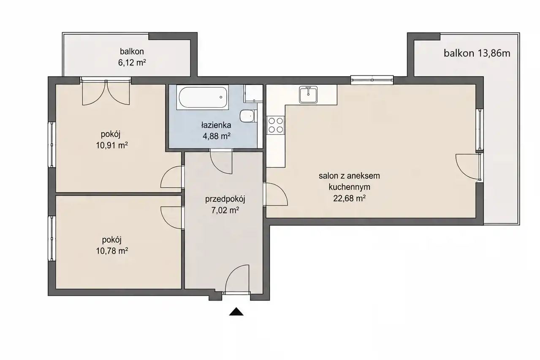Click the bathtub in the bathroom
(x=203, y=97)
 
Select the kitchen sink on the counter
(x=308, y=95)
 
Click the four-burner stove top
(x=276, y=125)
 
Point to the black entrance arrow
(x=236, y=311)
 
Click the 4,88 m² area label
(x=217, y=136)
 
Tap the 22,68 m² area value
(x=349, y=198)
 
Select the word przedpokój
(x=225, y=200)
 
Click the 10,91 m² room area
(x=112, y=145)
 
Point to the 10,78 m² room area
(x=112, y=251)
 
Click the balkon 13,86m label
(x=477, y=53)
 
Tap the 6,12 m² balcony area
(x=132, y=62)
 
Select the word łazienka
(x=216, y=125)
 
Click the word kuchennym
(x=349, y=187)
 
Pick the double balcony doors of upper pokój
(x=106, y=93)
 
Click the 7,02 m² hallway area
(x=225, y=210)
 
